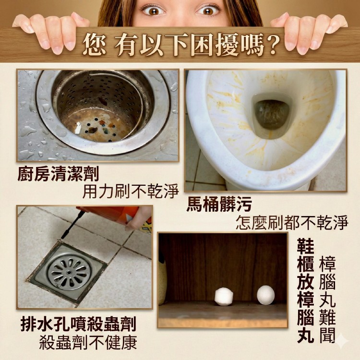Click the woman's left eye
[x=208, y=11]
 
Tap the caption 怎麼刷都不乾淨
[x=292, y=222]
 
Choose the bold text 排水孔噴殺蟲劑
[x=79, y=324]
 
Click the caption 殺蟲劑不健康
[x=88, y=342]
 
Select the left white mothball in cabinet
[x=224, y=296]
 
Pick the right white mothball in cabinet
[x=265, y=295]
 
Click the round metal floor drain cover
[x=70, y=271]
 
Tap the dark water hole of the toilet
[x=272, y=115]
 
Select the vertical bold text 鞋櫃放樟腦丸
[x=306, y=291]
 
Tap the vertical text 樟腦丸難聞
[x=327, y=300]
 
